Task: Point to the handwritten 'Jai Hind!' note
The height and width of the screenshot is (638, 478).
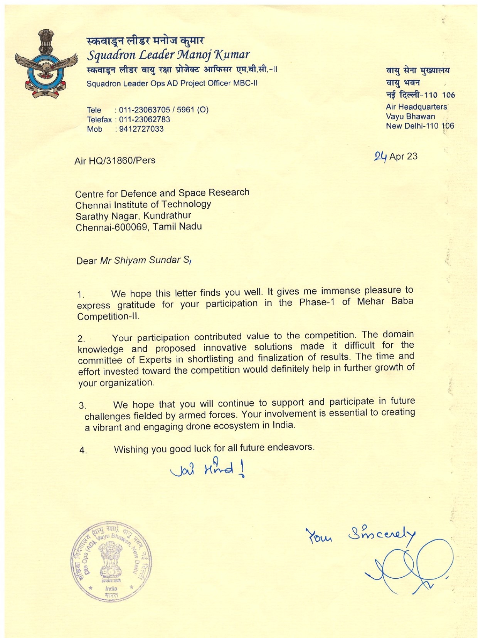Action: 209,469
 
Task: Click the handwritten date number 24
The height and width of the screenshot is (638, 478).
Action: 380,156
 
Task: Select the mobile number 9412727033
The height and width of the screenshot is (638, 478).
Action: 141,129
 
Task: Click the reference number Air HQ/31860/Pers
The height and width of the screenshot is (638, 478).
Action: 115,160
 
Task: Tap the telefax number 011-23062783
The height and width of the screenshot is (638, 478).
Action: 145,119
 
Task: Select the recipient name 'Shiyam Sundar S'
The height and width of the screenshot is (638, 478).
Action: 146,260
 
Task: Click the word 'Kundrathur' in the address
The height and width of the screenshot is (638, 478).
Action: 167,216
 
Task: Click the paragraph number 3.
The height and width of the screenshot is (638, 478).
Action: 82,405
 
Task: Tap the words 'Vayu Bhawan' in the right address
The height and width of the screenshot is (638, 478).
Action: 410,116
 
